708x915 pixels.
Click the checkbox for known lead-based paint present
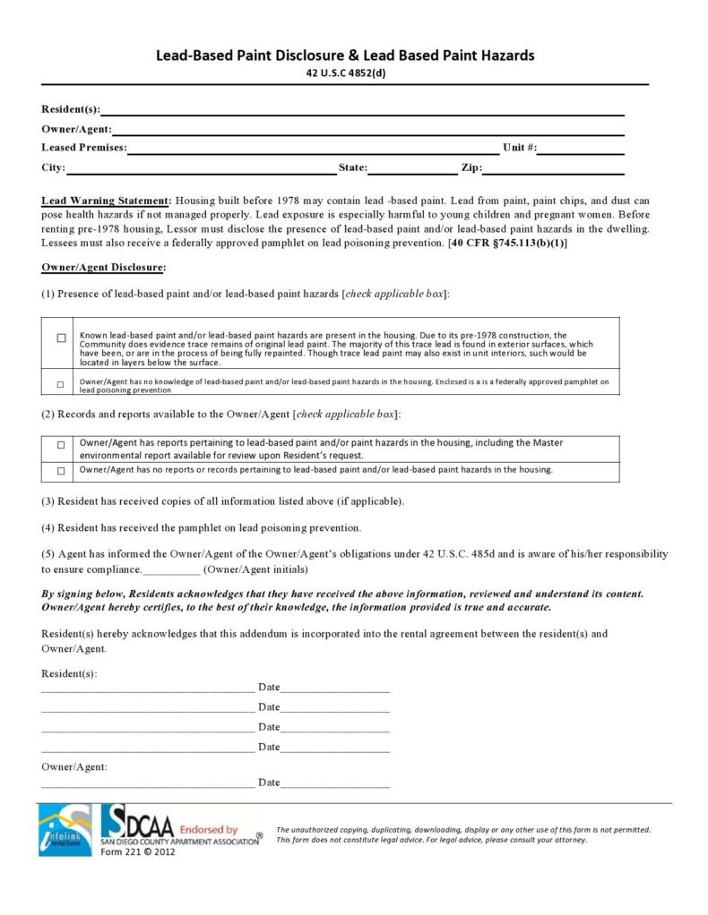(x=61, y=338)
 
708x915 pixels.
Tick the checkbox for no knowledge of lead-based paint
(x=61, y=384)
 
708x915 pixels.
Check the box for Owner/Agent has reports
(x=61, y=445)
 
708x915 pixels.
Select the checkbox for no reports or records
(x=61, y=470)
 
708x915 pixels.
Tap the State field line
(x=412, y=172)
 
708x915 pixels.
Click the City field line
(x=201, y=172)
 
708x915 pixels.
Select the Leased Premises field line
(x=313, y=151)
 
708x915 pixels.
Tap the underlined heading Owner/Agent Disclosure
(x=103, y=267)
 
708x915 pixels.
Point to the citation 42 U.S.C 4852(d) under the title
(x=345, y=73)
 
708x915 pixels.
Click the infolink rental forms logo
(x=65, y=829)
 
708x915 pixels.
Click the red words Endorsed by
(x=209, y=830)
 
